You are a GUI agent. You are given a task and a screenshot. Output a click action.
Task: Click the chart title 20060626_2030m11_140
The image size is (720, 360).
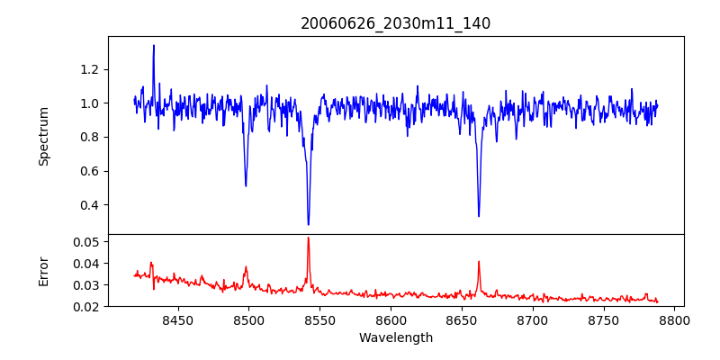(395, 23)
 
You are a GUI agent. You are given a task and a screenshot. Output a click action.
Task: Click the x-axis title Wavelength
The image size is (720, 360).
(395, 338)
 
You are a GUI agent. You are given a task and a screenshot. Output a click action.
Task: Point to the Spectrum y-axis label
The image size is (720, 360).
(43, 135)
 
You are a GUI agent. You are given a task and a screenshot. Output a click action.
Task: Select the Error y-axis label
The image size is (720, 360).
(43, 270)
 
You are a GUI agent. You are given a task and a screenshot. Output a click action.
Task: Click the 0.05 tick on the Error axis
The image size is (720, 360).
(88, 242)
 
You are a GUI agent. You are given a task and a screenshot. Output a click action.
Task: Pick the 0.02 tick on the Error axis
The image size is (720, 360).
(88, 307)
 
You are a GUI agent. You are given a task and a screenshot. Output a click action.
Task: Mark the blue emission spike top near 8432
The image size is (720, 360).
(154, 45)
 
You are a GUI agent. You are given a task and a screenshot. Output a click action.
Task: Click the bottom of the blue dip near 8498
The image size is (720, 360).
(246, 186)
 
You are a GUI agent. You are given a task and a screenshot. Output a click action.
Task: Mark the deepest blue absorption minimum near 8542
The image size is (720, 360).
(308, 225)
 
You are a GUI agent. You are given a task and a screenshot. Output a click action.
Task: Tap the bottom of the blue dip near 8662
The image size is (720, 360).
(479, 216)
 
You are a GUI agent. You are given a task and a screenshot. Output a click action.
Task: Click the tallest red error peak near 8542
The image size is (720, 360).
(308, 238)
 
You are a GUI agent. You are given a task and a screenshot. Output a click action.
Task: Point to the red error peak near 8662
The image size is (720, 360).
(479, 262)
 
